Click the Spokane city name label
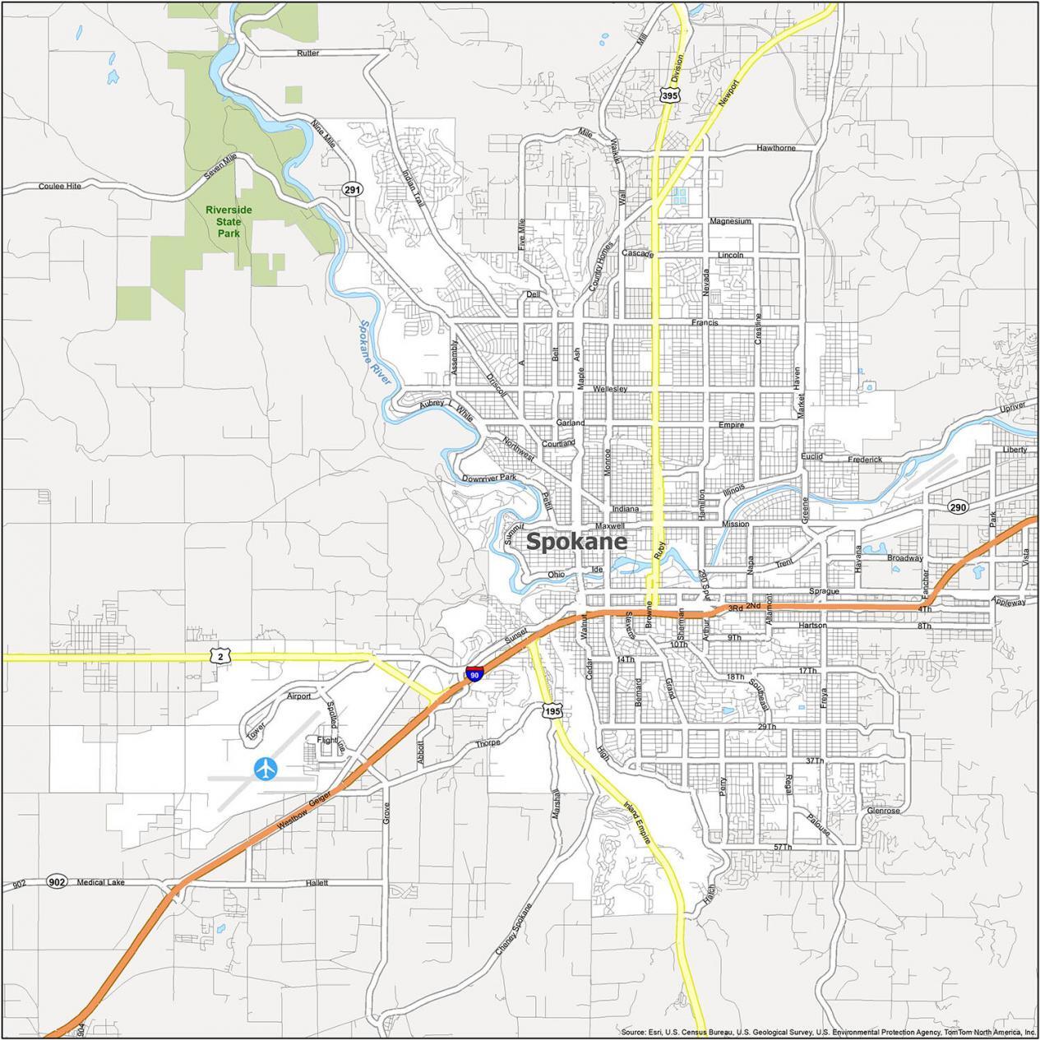click(x=575, y=542)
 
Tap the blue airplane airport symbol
click(x=266, y=769)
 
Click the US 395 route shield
click(x=669, y=96)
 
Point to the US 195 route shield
click(x=551, y=710)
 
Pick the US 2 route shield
click(x=220, y=655)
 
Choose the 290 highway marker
click(x=956, y=507)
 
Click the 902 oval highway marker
click(x=57, y=882)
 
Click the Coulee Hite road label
click(x=60, y=187)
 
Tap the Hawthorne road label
click(x=775, y=148)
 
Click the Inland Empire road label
click(x=637, y=822)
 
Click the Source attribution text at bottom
click(x=828, y=1032)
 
